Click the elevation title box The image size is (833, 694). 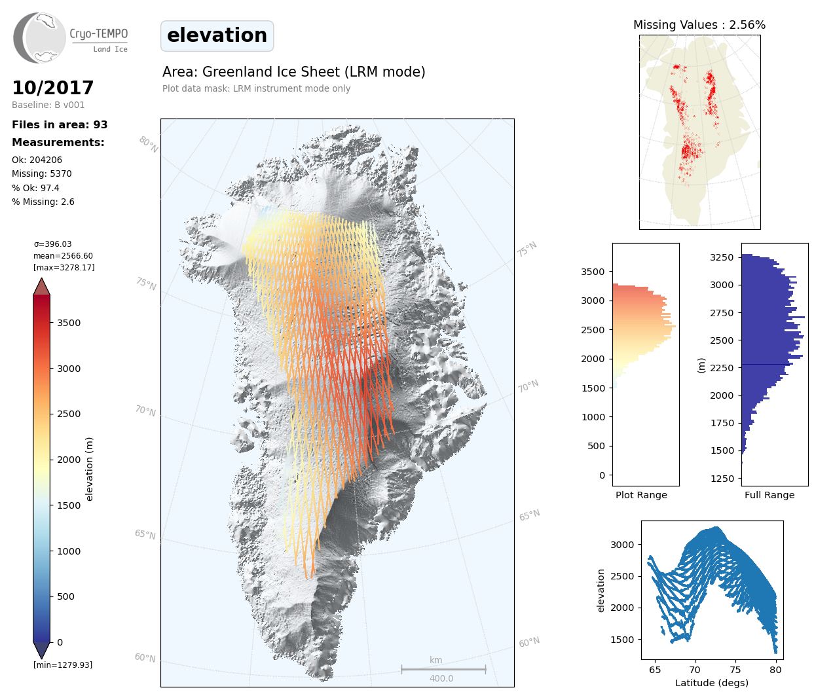(x=217, y=35)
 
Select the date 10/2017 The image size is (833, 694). (x=53, y=88)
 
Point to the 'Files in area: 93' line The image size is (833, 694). (x=60, y=125)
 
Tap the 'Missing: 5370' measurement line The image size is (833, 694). (x=42, y=173)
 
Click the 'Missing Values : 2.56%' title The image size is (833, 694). (x=699, y=25)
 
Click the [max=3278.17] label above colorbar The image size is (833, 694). (x=64, y=268)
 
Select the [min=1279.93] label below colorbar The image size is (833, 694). (x=63, y=665)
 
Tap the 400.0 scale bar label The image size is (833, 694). (x=441, y=679)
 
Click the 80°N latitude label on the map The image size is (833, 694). (x=148, y=145)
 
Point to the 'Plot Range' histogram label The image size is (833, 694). (x=641, y=495)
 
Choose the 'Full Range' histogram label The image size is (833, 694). (x=769, y=495)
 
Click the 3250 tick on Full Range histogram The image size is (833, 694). (x=722, y=257)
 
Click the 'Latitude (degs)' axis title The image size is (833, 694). (x=712, y=683)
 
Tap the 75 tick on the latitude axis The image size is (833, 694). (x=735, y=670)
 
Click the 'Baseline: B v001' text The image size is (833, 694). (x=48, y=105)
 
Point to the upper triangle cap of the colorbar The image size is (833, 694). (x=41, y=287)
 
